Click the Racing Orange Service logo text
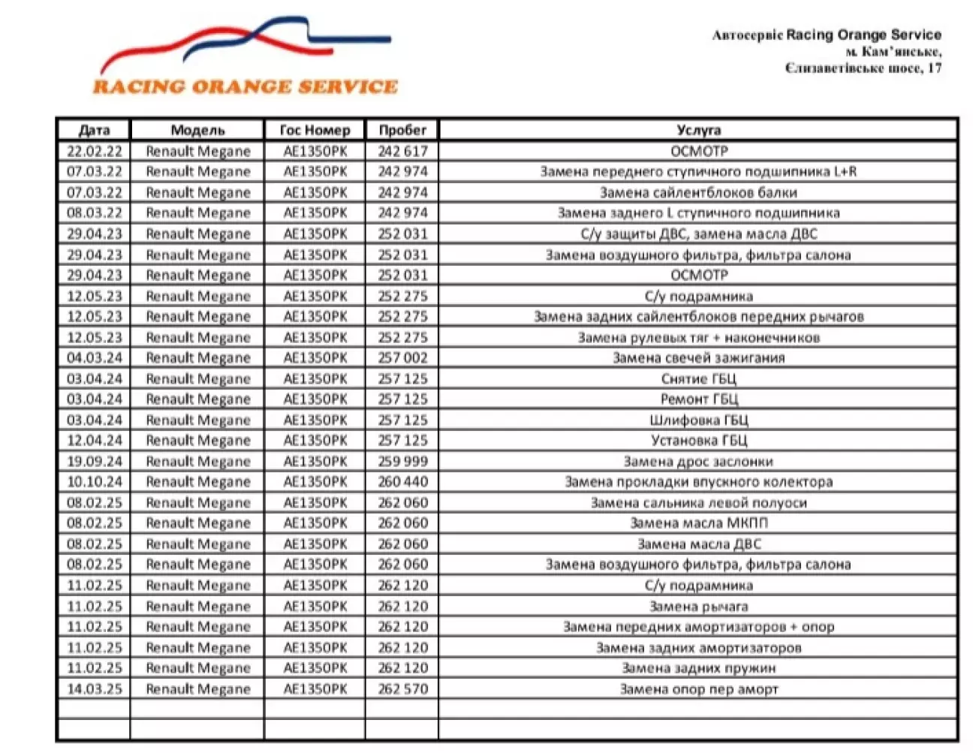(245, 86)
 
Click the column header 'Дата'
(94, 130)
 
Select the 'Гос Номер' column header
(315, 130)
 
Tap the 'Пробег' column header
(402, 130)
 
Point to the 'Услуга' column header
(698, 130)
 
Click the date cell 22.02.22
(94, 151)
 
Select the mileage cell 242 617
(402, 151)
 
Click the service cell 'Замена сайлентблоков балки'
(698, 192)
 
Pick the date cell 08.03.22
(94, 213)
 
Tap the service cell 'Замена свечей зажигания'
(698, 358)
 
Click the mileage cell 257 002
(402, 358)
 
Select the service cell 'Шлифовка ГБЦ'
(698, 420)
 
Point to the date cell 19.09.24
(94, 461)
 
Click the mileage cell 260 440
(402, 482)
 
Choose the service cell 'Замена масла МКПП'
(698, 523)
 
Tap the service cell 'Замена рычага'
(698, 606)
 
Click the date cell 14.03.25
(94, 688)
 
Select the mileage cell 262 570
(402, 688)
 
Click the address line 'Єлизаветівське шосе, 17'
(863, 68)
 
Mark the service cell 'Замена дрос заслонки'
(698, 461)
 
